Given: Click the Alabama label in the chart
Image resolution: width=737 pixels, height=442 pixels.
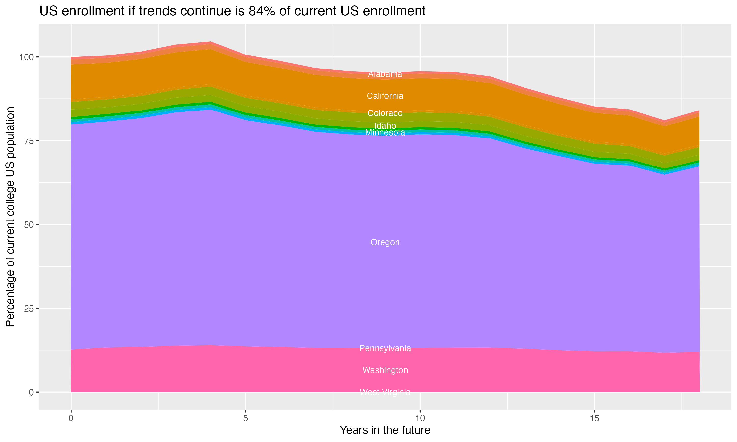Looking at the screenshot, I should (x=385, y=74).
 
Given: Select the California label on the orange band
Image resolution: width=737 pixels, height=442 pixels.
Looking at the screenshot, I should (x=385, y=96).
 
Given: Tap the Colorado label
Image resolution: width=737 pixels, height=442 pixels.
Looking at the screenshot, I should (x=385, y=113).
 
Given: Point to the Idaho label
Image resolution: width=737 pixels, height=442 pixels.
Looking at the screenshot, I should (x=385, y=126).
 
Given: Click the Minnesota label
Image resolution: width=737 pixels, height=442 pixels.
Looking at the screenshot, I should (x=385, y=133).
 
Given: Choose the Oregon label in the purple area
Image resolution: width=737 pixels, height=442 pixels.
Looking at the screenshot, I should (x=385, y=242).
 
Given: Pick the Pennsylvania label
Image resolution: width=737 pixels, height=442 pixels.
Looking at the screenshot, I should (x=385, y=348).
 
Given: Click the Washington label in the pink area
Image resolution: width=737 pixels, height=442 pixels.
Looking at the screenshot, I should (x=385, y=370).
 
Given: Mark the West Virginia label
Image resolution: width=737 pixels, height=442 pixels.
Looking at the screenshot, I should (x=385, y=392).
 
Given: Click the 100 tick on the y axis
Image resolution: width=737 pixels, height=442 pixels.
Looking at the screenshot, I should (x=27, y=57).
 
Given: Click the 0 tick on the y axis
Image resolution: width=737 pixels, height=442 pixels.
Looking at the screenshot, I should (x=31, y=392).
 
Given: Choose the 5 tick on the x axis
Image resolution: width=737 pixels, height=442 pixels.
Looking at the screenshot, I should (x=245, y=418).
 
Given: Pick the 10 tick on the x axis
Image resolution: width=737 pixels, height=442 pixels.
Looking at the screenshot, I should (x=420, y=418).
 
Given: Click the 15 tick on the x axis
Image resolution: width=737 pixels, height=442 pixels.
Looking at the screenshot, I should (x=595, y=418).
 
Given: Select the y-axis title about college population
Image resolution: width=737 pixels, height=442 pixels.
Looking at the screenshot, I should (x=10, y=217).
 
